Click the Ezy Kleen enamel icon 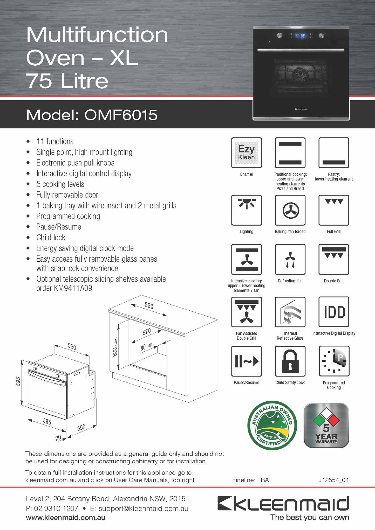pos(246,153)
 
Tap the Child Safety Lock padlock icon pos(290,361)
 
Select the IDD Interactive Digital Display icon pos(334,312)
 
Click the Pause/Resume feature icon pos(246,361)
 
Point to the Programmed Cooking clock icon pos(334,361)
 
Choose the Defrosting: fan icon pos(290,259)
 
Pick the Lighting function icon pos(246,210)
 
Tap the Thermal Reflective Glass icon pos(290,312)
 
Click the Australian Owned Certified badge pos(272,426)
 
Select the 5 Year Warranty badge pos(326,426)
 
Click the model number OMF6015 pos(121,115)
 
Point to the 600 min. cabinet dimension pos(115,347)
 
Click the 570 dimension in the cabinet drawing pos(147,332)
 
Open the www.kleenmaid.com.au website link pos(65,518)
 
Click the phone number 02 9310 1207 pos(56,508)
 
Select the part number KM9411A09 pos(73,288)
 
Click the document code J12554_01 pos(333,480)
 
